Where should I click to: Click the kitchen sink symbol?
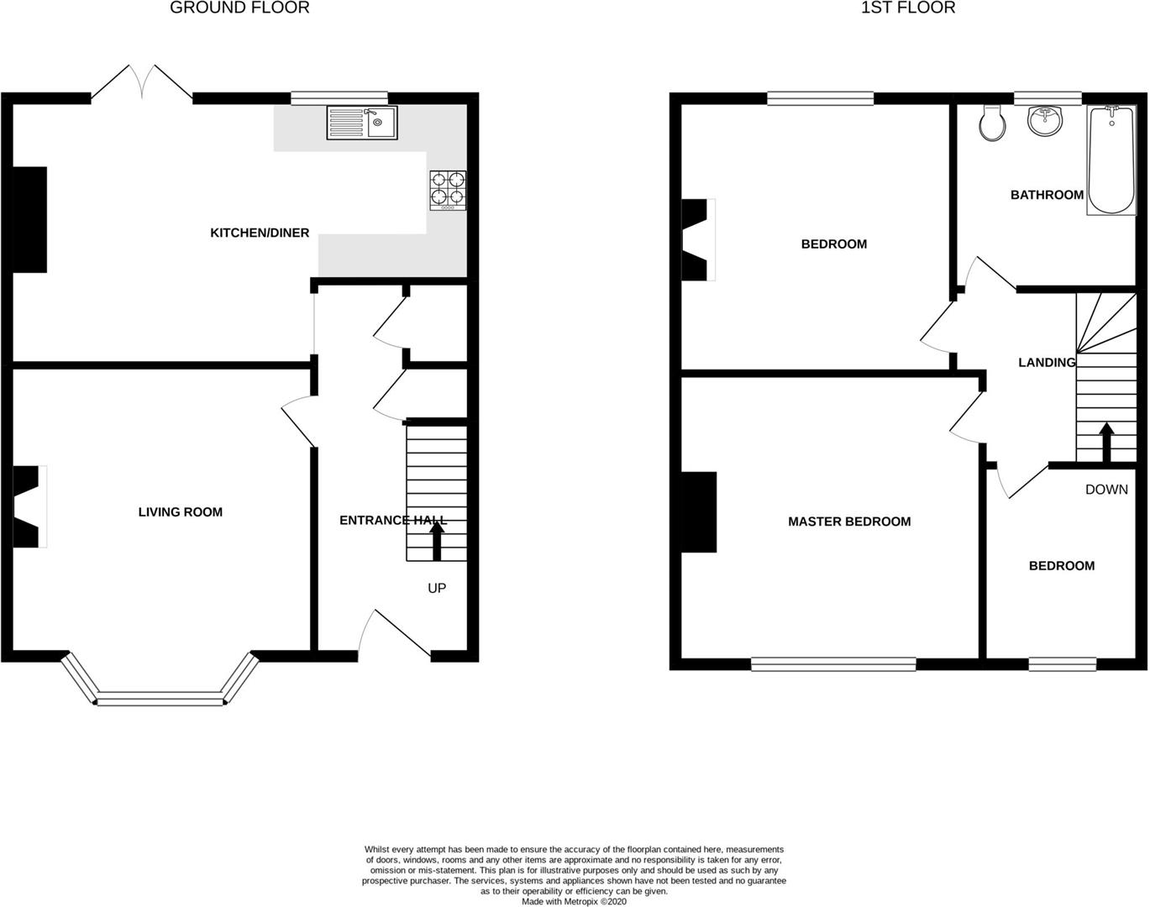point(362,123)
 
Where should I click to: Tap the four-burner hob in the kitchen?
point(448,189)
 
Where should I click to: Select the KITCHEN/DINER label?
point(260,233)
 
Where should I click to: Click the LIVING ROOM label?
point(181,511)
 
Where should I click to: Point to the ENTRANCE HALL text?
point(392,520)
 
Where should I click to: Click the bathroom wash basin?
point(1044,120)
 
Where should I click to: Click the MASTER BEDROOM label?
point(849,522)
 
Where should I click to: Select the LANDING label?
point(1047,362)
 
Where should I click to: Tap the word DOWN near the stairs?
point(1106,489)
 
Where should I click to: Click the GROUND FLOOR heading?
point(239,8)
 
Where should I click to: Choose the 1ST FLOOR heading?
point(908,8)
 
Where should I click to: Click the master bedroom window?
point(833,664)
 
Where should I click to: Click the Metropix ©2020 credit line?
point(574,901)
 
